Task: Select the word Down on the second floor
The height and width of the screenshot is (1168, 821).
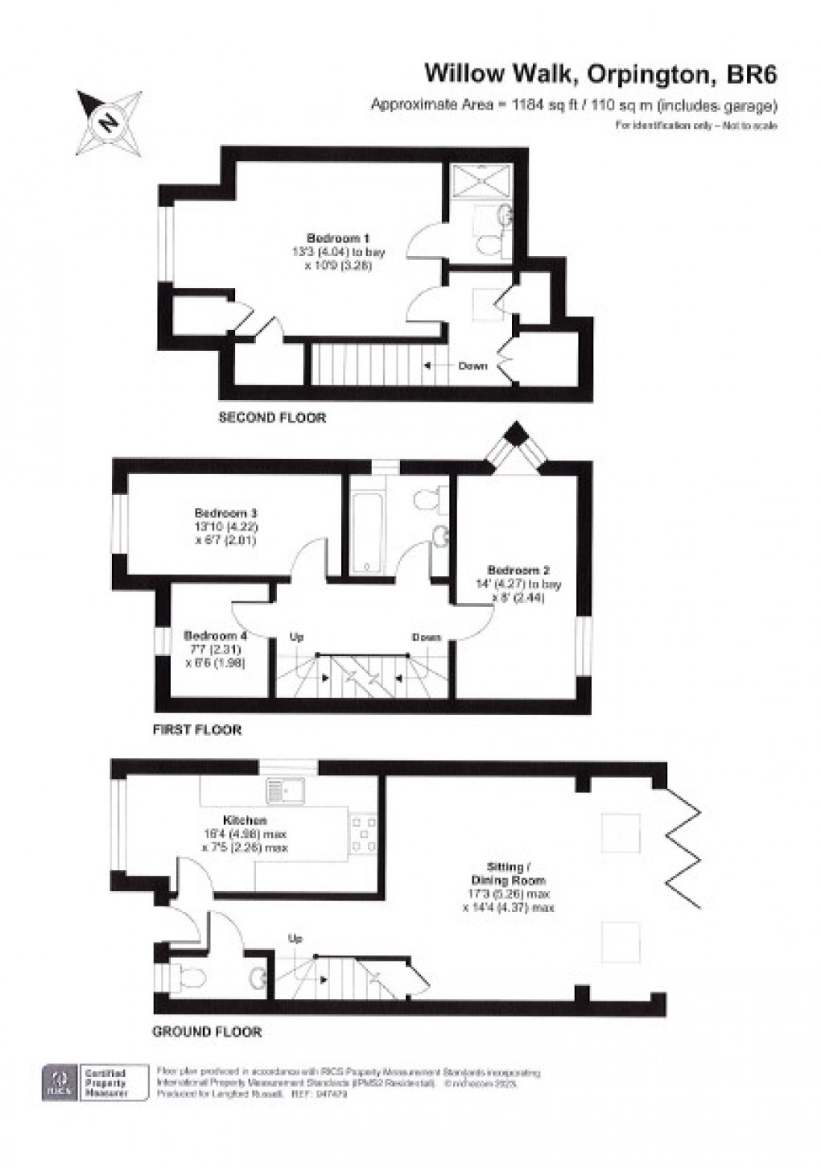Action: click(x=472, y=365)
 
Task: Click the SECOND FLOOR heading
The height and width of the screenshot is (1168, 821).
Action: click(x=272, y=418)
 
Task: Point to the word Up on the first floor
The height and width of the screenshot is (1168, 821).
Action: click(x=296, y=638)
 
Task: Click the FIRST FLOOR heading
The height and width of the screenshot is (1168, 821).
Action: click(x=197, y=730)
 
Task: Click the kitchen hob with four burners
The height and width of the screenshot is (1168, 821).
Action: click(x=359, y=832)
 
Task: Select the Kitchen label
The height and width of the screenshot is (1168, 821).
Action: click(x=245, y=820)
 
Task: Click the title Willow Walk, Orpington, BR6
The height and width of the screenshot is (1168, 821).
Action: click(x=600, y=75)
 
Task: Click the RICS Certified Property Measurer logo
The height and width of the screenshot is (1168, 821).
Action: click(x=95, y=1083)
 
